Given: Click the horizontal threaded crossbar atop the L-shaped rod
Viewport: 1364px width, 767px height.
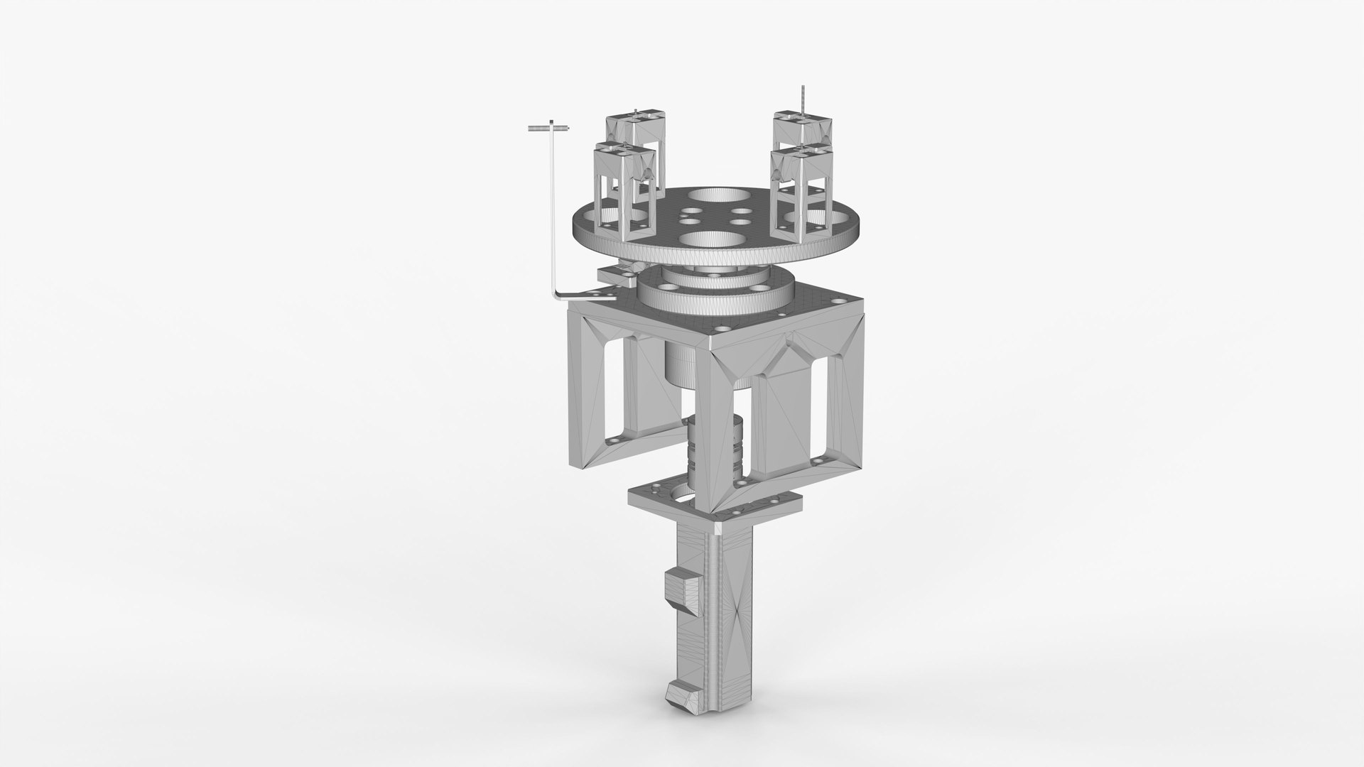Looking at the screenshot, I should coord(548,129).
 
